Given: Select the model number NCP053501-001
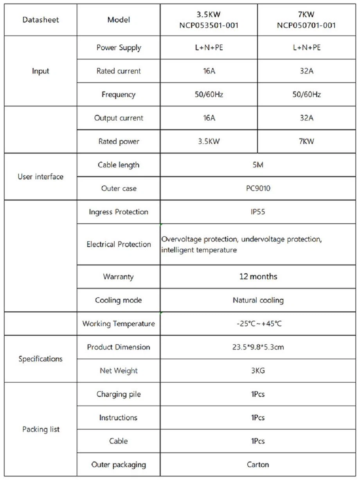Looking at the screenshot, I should point(209,26).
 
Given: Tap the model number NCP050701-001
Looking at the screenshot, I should point(306,26).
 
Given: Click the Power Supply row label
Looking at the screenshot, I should point(119,48).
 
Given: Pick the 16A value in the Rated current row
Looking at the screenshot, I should point(209,71).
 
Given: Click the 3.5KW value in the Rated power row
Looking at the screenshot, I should point(209,141).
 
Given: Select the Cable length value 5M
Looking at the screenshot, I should point(258,165).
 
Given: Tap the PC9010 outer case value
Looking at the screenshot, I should point(258,188).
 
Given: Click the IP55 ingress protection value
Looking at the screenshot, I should point(258,212).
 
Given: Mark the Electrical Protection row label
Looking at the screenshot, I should point(119,244).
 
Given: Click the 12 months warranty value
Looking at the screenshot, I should point(258,277).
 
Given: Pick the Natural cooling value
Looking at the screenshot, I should point(258,300).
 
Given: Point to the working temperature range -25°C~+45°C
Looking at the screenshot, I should point(258,324).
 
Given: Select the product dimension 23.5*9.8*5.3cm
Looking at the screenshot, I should point(258,347).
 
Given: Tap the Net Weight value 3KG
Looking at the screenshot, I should point(258,370).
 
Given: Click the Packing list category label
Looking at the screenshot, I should point(41,429).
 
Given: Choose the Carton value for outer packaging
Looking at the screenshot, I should point(258,464).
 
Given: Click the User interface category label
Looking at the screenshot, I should point(40,176).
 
